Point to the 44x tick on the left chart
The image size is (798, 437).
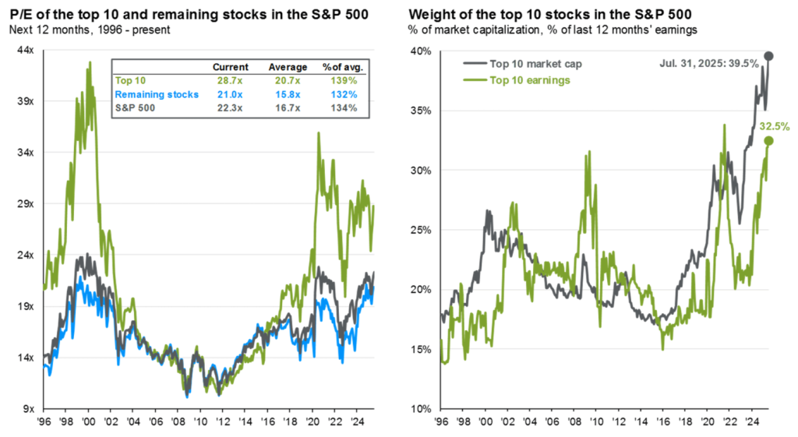pos(24,50)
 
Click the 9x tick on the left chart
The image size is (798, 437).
pos(27,409)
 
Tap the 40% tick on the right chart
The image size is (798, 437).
pos(421,51)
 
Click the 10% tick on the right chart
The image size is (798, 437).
pos(421,409)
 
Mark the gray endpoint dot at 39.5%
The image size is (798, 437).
pos(768,55)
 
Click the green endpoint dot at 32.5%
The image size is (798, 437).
pos(768,141)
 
